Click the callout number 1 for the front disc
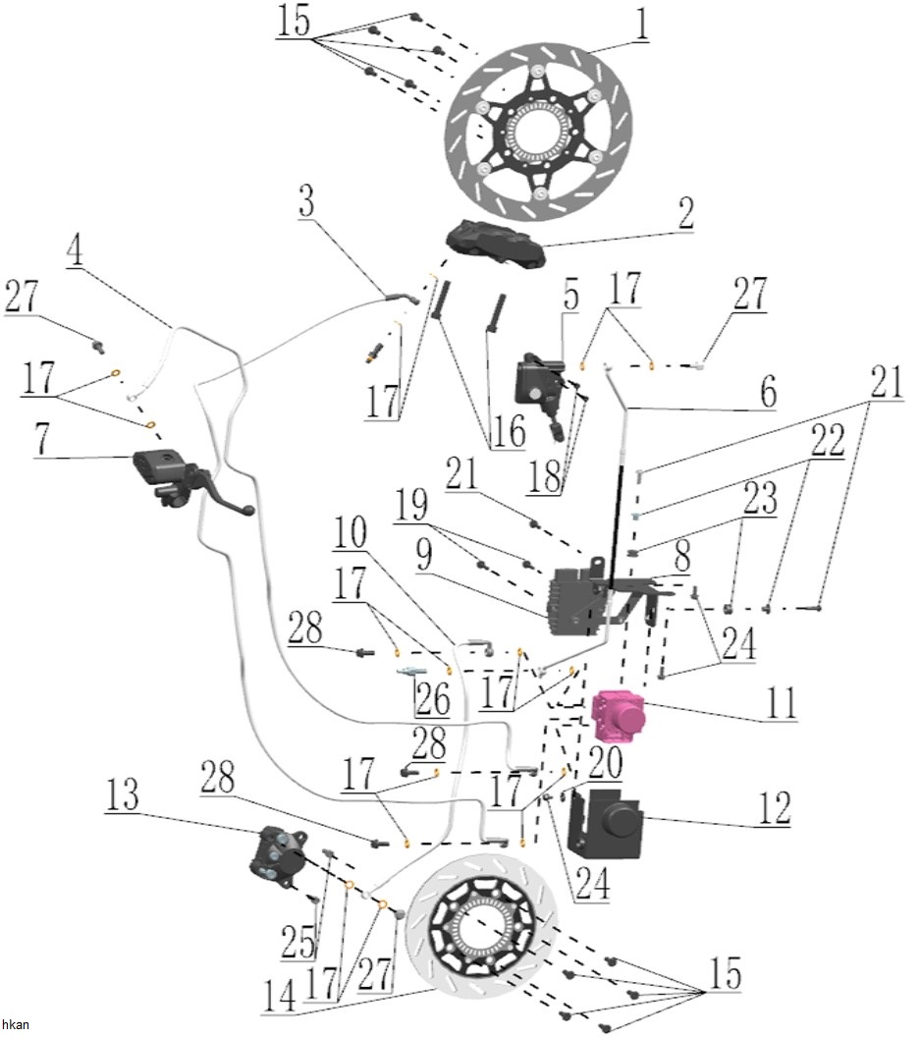pos(640,24)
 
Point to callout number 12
pos(774,807)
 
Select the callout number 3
pos(306,200)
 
